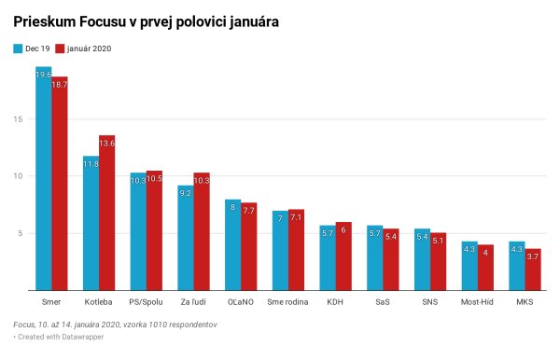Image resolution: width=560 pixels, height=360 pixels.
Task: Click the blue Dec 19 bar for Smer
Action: tap(43, 177)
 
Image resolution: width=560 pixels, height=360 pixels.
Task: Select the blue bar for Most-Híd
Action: tap(469, 266)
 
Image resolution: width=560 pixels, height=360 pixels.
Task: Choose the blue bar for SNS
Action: tap(422, 259)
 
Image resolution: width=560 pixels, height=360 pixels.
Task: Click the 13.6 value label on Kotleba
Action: tap(106, 144)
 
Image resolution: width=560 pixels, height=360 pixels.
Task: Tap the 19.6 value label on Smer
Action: tap(43, 75)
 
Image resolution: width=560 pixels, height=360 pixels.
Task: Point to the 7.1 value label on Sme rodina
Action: tap(296, 217)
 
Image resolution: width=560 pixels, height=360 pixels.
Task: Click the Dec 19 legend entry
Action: tap(32, 48)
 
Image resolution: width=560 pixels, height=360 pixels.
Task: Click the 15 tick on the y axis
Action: tap(18, 119)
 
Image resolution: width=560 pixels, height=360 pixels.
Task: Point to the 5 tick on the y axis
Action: tap(20, 233)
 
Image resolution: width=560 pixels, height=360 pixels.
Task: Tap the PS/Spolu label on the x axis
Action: tap(146, 302)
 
